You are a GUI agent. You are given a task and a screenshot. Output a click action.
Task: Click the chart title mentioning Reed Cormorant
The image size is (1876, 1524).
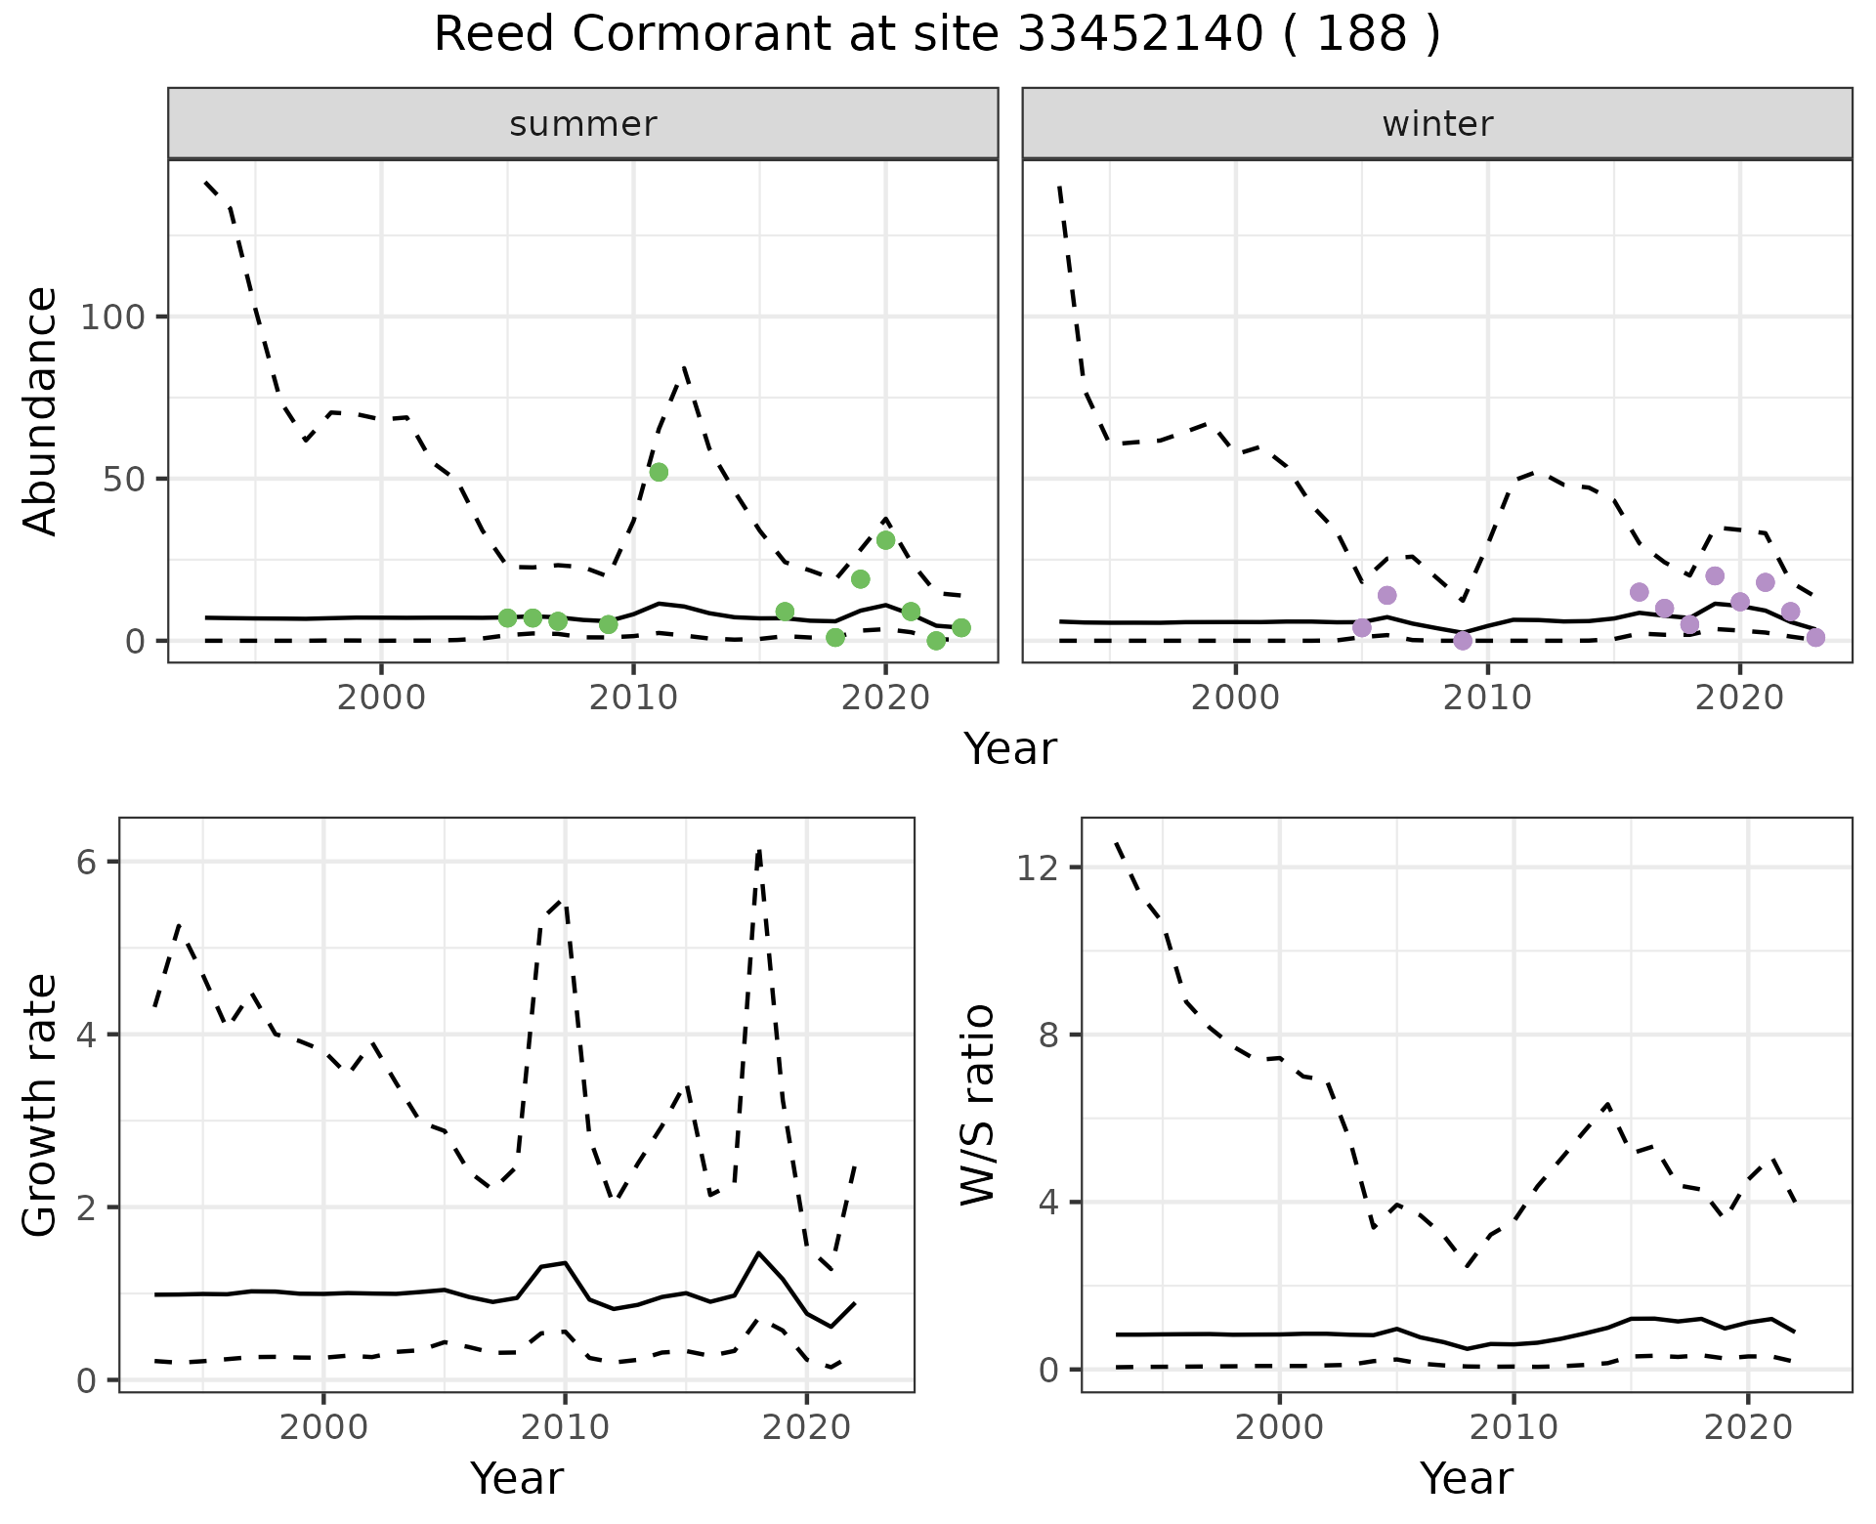pos(937,35)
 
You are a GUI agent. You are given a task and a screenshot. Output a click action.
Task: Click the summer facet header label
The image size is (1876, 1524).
pos(582,124)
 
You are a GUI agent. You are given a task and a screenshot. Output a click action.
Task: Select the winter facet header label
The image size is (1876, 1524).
pos(1436,124)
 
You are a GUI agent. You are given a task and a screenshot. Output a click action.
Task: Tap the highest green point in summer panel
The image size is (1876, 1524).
pos(659,472)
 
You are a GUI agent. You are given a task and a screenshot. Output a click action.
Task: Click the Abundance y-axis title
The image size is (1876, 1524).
pos(41,411)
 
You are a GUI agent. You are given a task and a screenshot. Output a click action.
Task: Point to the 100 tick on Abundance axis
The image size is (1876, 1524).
pos(112,317)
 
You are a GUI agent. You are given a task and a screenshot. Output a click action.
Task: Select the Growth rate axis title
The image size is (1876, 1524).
pos(41,1105)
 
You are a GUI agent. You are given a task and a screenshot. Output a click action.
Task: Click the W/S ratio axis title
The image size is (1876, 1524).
pos(978,1105)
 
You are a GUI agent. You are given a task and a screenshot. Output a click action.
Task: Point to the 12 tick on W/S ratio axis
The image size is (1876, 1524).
pos(1037,868)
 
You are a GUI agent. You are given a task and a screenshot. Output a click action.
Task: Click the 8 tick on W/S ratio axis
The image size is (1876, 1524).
pos(1048,1035)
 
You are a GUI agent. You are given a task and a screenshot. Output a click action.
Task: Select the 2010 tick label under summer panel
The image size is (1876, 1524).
pos(633,698)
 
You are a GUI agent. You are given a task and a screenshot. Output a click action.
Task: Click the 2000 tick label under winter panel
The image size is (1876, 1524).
pos(1235,698)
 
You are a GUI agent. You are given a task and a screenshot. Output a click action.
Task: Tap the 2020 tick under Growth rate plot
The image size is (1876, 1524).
pos(806,1427)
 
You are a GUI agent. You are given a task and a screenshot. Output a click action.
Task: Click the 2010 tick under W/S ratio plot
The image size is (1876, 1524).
pos(1514,1427)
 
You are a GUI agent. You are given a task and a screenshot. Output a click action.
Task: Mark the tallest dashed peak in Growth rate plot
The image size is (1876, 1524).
pos(759,850)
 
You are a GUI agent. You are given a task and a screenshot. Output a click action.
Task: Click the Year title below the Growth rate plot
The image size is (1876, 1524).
pos(517,1478)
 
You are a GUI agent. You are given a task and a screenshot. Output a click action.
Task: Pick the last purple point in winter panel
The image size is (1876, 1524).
pos(1815,638)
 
